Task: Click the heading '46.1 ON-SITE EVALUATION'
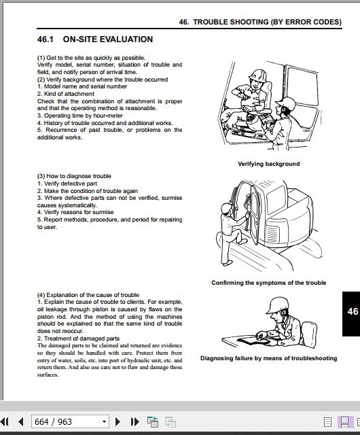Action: [x=95, y=39]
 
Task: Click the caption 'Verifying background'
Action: [x=269, y=164]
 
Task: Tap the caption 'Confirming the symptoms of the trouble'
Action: [x=269, y=283]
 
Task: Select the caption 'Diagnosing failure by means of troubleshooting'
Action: [x=269, y=358]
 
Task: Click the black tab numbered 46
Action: [x=351, y=314]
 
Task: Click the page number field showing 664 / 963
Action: [x=70, y=421]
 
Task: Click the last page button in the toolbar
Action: [x=134, y=421]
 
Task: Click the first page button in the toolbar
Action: [x=5, y=421]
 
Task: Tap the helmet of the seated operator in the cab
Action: [x=258, y=75]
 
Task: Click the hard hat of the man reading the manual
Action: [x=277, y=304]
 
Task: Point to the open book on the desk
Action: [x=253, y=341]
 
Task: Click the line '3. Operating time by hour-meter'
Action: [x=80, y=116]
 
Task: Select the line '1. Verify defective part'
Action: [x=67, y=184]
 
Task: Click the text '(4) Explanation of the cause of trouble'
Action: [x=88, y=294]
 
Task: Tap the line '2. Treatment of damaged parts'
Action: [x=79, y=338]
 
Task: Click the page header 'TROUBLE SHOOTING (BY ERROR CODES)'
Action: [x=268, y=22]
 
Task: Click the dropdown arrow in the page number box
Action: [x=104, y=421]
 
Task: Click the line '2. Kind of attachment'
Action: [x=66, y=94]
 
